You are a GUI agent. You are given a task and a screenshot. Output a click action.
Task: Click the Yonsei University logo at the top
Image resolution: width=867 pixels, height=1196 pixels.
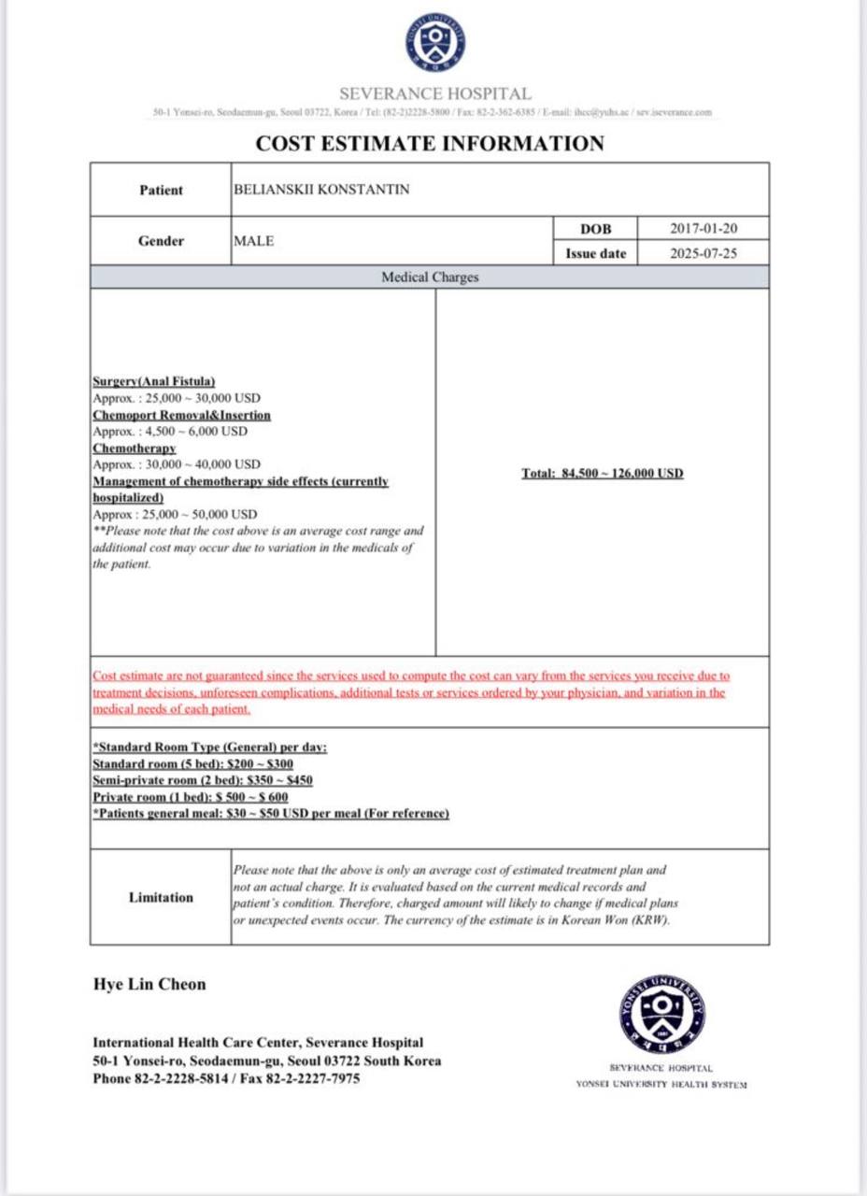pos(434,43)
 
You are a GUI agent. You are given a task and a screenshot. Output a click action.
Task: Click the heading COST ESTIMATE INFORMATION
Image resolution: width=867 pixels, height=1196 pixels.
pos(430,144)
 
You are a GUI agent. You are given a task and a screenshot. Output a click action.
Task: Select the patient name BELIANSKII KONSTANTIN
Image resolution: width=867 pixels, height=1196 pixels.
pos(321,190)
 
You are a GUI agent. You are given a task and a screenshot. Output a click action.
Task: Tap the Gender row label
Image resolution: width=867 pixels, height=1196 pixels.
pos(161,241)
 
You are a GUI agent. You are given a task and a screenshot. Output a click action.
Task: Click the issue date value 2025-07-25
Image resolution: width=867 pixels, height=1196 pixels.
pos(704,253)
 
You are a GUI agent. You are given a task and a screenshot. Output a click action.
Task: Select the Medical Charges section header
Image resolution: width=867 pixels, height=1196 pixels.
pos(430,278)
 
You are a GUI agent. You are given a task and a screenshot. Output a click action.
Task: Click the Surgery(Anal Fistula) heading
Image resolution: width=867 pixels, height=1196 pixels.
pos(154,381)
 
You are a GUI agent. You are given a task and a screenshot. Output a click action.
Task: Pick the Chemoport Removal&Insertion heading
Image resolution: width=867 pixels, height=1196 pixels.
pos(181,415)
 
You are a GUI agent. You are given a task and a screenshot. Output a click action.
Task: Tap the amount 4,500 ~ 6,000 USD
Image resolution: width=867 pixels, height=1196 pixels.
pos(170,432)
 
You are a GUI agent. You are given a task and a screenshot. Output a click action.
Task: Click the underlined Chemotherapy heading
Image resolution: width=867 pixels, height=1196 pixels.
pos(135,448)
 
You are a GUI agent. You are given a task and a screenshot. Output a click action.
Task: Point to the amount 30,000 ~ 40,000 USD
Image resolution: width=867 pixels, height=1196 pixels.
pos(177,464)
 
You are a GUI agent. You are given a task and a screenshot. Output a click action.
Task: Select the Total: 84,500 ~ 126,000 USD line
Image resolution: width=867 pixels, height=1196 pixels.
pos(603,474)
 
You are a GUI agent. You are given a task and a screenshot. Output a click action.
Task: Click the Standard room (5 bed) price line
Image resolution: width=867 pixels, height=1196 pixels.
pos(192,764)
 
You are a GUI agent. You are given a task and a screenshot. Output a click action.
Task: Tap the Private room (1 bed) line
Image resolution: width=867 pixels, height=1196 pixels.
pos(190,797)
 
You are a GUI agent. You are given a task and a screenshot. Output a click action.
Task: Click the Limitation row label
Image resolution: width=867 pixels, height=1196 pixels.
pos(161,898)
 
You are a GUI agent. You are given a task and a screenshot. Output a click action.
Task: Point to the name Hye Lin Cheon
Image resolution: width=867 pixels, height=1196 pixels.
pos(149,984)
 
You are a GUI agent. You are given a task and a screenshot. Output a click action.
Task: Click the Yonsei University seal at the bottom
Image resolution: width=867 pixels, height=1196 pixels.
pos(662,1015)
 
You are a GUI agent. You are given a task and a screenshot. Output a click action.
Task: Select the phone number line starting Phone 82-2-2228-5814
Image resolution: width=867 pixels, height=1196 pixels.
pos(226,1078)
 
